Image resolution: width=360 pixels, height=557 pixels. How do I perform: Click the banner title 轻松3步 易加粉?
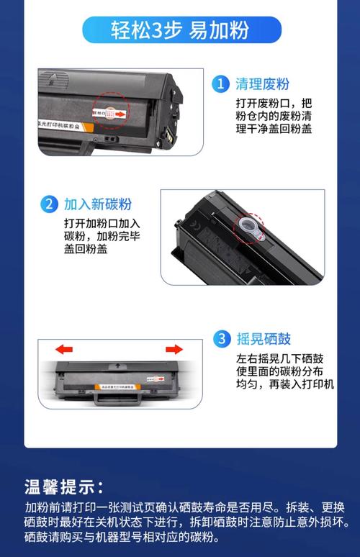(x=180, y=30)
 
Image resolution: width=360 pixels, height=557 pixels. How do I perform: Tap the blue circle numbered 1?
(x=220, y=84)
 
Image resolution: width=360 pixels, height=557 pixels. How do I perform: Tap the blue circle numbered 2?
(x=48, y=204)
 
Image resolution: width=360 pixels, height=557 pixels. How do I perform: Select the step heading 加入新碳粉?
(x=97, y=204)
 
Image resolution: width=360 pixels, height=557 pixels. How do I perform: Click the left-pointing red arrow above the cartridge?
(x=65, y=350)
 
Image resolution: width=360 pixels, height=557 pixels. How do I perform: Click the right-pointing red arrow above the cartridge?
(x=174, y=350)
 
